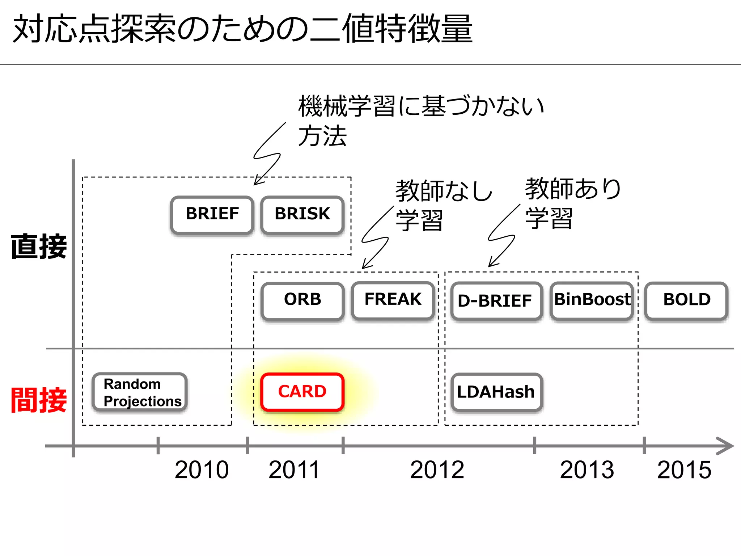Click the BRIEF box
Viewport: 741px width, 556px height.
click(212, 215)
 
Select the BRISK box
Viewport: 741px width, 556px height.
click(302, 215)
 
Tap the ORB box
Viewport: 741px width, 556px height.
click(302, 300)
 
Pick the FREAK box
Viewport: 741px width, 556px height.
click(393, 300)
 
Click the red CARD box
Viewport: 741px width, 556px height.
click(302, 392)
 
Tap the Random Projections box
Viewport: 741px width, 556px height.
click(140, 392)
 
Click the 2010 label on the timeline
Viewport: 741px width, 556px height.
click(202, 470)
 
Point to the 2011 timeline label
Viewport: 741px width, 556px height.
click(294, 470)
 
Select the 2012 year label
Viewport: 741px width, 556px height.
click(437, 470)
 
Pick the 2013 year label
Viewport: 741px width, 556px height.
click(587, 470)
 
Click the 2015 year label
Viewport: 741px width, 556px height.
click(684, 470)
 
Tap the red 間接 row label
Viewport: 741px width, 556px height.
click(39, 400)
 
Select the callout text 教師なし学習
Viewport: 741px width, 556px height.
click(443, 205)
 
